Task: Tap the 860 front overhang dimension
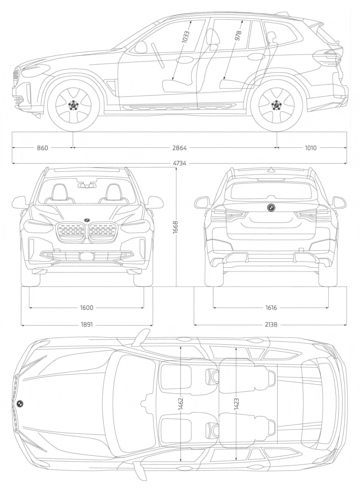coord(42,148)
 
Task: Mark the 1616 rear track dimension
coord(270,307)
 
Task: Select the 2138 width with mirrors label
coord(270,325)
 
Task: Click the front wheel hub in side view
coord(73,104)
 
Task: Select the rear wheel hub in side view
coord(277,104)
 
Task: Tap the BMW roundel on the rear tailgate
coord(271,208)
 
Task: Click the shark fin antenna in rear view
coord(271,169)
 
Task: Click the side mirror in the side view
coord(141,47)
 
